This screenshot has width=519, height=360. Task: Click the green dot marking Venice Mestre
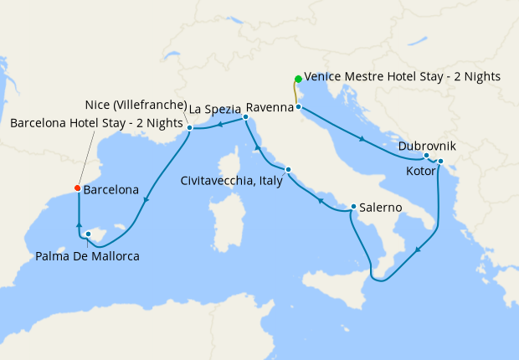tap(297, 80)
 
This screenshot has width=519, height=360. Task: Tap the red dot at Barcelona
tap(77, 188)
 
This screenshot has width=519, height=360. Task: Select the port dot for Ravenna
tap(298, 107)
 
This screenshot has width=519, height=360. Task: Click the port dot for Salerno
tap(354, 207)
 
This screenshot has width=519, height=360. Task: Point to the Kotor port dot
tap(440, 162)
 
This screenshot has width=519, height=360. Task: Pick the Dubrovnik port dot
tap(426, 156)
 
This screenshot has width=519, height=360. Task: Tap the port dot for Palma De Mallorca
tap(89, 234)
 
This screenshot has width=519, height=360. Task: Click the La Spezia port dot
tap(245, 117)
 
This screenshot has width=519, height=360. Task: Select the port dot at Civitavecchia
tap(288, 170)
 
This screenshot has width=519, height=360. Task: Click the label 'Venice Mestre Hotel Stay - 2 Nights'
tap(403, 76)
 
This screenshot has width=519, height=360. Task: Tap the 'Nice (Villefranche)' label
tap(136, 105)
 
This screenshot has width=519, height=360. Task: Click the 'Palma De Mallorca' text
tap(88, 255)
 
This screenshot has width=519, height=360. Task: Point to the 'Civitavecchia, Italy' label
tap(231, 180)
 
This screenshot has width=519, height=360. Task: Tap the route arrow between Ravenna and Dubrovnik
tap(362, 139)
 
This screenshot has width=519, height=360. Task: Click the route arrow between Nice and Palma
tap(146, 199)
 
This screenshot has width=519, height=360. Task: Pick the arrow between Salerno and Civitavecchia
tap(321, 201)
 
